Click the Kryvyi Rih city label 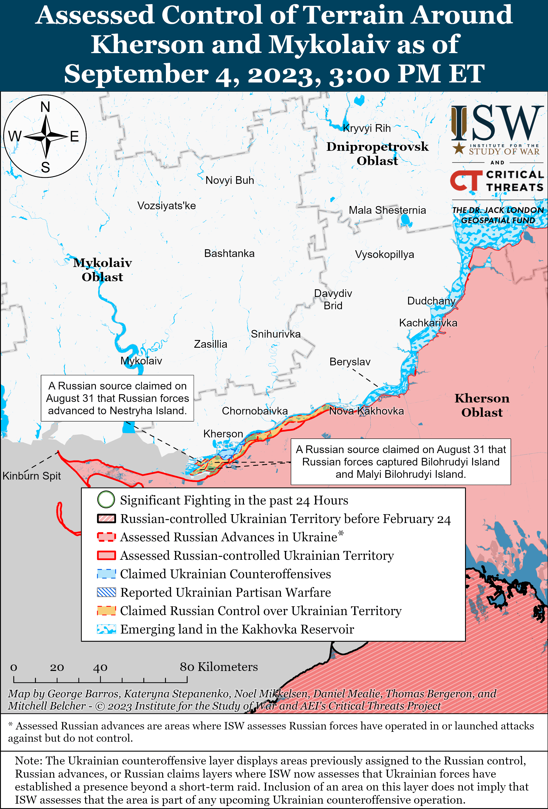[367, 128]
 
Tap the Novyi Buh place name [230, 180]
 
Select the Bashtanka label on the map [229, 253]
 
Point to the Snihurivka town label [276, 334]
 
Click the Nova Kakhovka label [366, 411]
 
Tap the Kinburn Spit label [32, 476]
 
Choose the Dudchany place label [431, 301]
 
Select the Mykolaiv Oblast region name [102, 270]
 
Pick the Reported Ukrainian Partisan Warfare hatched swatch [106, 592]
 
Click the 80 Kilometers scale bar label [219, 667]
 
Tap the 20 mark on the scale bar [57, 667]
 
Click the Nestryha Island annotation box [117, 398]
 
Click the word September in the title [136, 74]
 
